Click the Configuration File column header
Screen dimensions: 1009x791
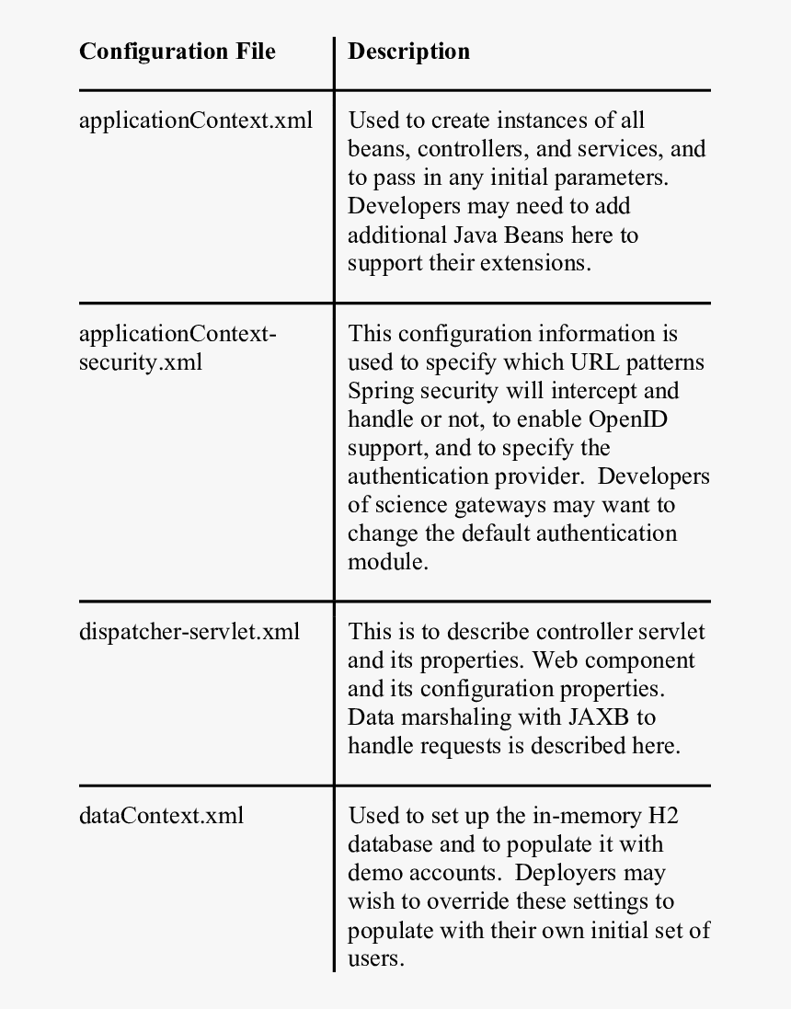(178, 52)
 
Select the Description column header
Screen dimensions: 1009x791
(408, 52)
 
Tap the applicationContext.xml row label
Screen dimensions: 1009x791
(196, 120)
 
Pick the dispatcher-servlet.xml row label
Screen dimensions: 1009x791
(189, 632)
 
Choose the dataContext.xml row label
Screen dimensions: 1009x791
(162, 815)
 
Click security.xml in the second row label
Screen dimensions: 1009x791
(141, 361)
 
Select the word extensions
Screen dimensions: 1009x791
(533, 263)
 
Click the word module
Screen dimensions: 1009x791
(386, 562)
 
